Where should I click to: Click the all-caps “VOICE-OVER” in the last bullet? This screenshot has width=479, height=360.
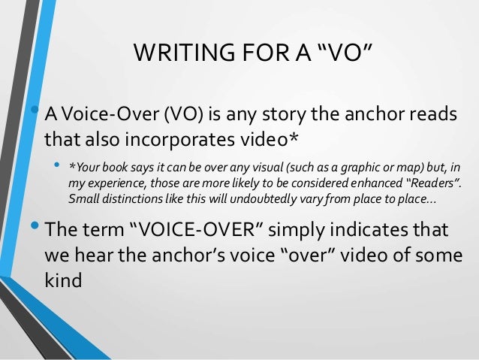click(x=194, y=228)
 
